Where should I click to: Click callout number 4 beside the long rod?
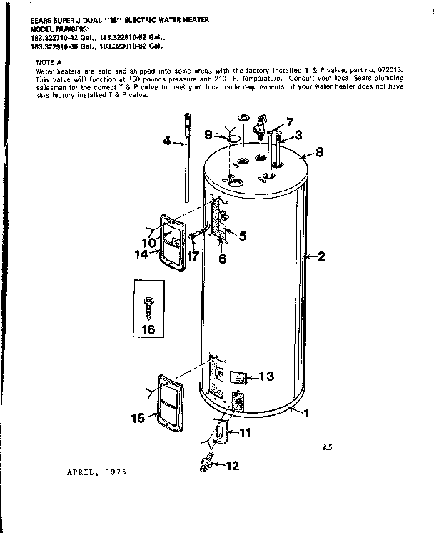click(x=166, y=141)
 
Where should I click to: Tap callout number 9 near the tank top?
click(x=208, y=134)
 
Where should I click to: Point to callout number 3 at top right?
click(x=298, y=134)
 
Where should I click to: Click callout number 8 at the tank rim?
click(x=320, y=151)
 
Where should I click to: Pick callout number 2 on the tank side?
click(x=321, y=256)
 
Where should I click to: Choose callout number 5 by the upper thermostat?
click(x=243, y=235)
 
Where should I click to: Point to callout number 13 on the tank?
click(x=266, y=376)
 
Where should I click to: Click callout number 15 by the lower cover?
click(x=137, y=417)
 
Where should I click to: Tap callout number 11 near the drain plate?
click(x=244, y=432)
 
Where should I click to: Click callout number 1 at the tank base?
click(x=307, y=412)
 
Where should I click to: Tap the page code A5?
click(x=328, y=449)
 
